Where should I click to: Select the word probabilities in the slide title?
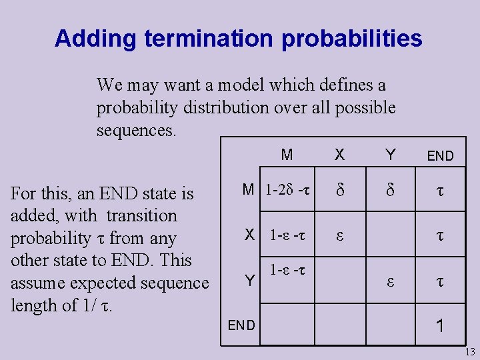352,39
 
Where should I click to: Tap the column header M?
287,155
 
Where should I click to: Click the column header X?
339,155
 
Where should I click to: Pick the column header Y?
391,155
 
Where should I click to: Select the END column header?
440,157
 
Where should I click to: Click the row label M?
248,190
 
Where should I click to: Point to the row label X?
249,235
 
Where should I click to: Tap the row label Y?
249,281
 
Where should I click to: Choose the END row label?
241,325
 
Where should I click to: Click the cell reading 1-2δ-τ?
288,190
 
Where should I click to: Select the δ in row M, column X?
339,191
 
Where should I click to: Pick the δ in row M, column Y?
391,191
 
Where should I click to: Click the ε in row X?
339,235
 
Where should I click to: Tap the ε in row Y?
391,281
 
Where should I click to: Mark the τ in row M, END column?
440,191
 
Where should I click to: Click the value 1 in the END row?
440,326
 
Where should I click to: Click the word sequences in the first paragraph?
137,130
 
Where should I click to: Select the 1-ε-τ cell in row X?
288,235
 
